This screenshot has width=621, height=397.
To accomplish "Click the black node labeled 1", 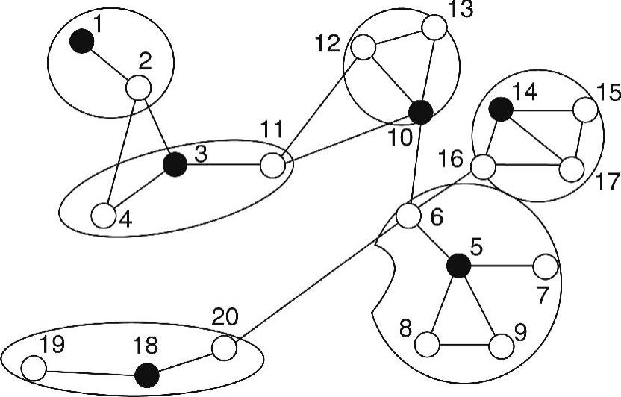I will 81,41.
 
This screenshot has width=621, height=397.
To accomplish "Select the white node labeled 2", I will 138,87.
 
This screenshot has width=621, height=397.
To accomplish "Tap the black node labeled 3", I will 177,163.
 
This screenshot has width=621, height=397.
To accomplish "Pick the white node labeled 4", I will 103,216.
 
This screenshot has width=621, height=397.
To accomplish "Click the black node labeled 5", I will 458,265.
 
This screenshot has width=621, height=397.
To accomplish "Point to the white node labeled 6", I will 408,216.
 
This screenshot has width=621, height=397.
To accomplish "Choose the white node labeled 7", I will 546,265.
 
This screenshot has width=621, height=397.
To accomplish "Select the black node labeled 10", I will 421,112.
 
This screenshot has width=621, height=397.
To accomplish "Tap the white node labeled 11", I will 273,164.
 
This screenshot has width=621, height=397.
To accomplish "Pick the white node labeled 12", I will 363,49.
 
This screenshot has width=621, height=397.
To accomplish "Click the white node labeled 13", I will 434,28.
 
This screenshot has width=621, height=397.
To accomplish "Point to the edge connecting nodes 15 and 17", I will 579,140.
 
